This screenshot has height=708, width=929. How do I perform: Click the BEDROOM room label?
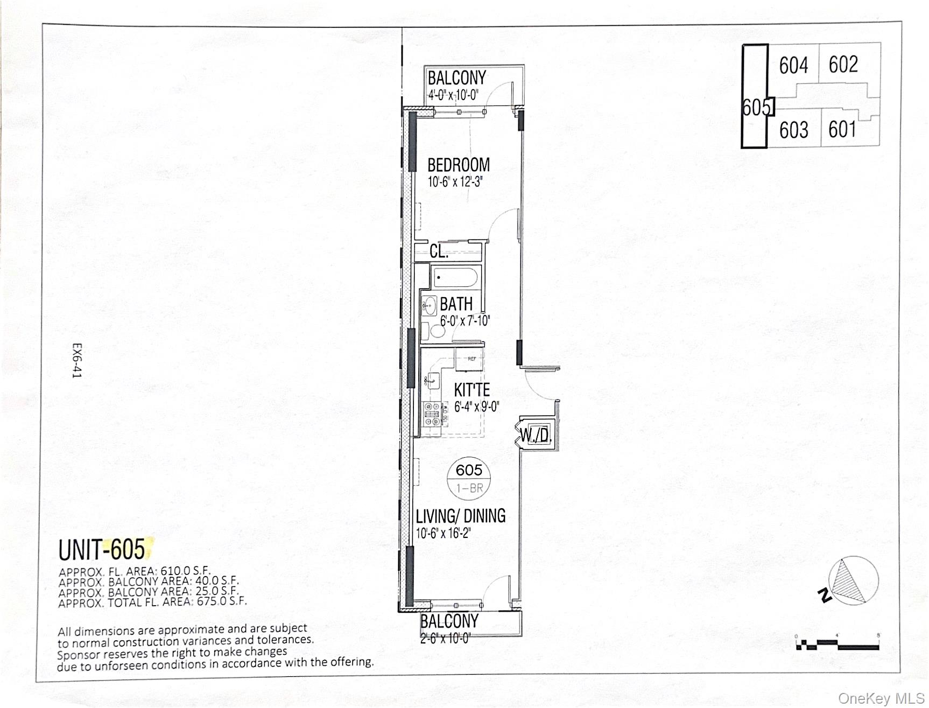459,165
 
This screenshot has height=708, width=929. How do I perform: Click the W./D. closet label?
536,434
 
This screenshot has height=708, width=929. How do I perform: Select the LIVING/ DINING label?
461,516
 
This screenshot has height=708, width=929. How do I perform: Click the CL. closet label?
439,251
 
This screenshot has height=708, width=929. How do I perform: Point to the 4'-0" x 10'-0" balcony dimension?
453,96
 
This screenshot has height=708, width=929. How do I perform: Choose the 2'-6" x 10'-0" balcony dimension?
445,639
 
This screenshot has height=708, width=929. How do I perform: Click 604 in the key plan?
793,66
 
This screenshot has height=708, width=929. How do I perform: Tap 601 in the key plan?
842,129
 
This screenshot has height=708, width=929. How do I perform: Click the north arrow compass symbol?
853,581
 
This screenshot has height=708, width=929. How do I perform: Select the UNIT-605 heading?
102,550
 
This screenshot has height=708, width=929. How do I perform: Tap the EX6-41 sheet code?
78,361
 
